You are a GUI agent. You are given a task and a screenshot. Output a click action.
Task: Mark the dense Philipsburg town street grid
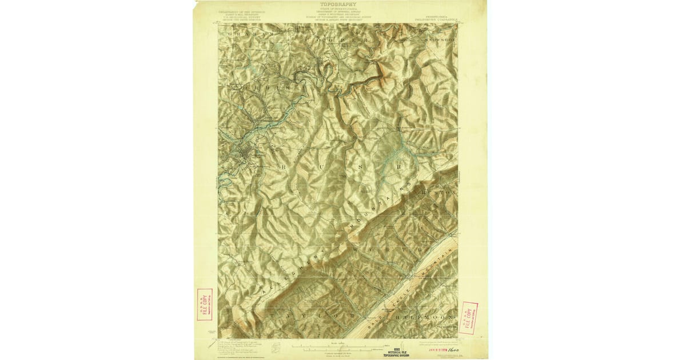(247, 153)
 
